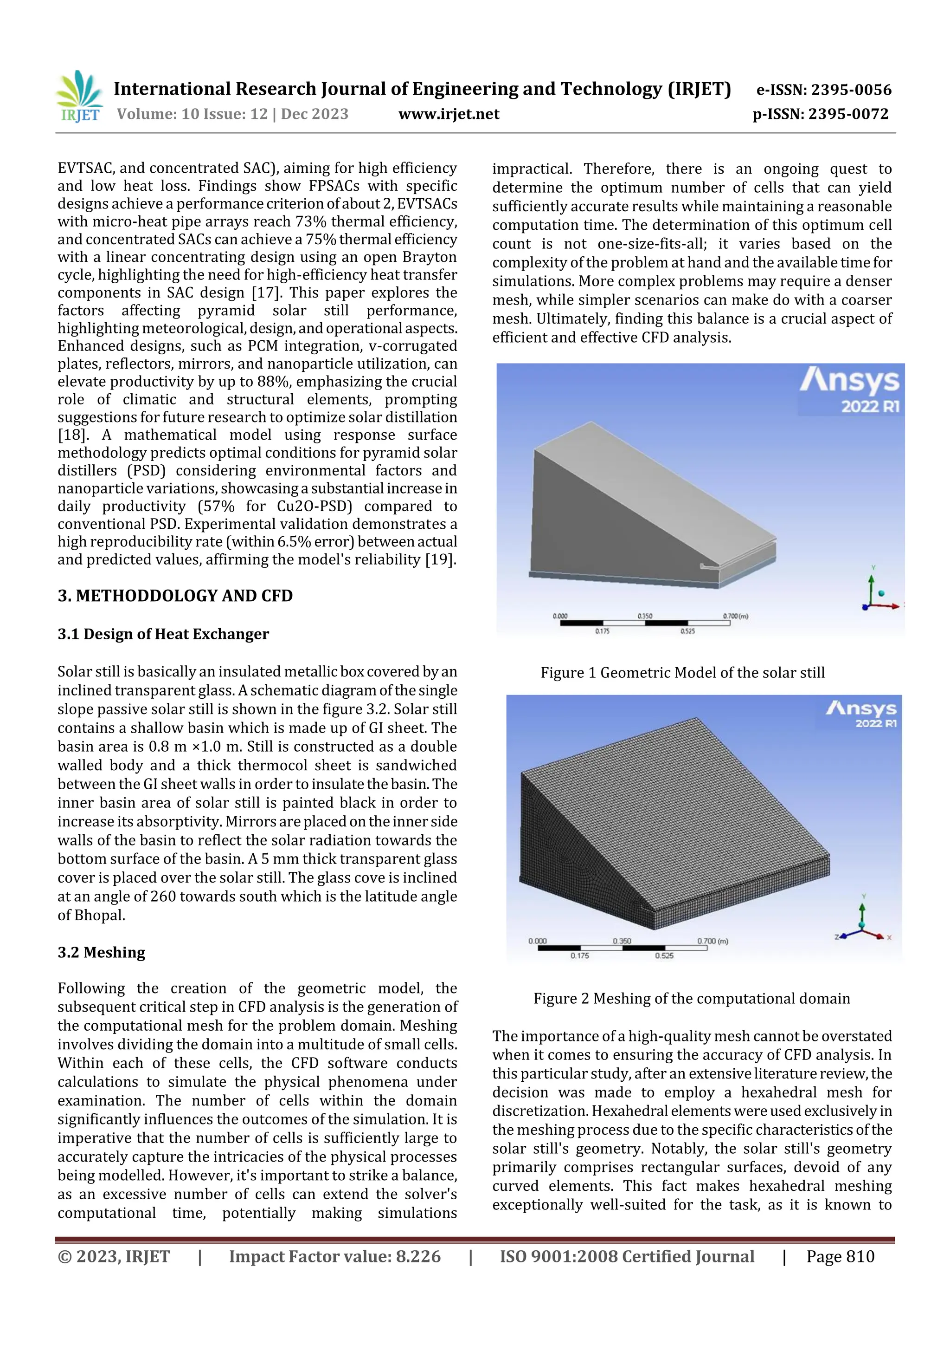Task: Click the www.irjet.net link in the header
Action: coord(449,114)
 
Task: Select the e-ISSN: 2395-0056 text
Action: coord(823,90)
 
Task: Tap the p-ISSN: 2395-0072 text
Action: coord(820,114)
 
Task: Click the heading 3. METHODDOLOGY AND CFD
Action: coord(175,596)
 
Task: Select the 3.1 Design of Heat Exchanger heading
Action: coord(163,634)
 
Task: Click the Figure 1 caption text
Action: coord(682,672)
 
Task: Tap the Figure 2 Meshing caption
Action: coord(691,998)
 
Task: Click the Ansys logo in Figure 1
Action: coord(849,389)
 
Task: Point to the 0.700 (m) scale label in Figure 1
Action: coord(736,616)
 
